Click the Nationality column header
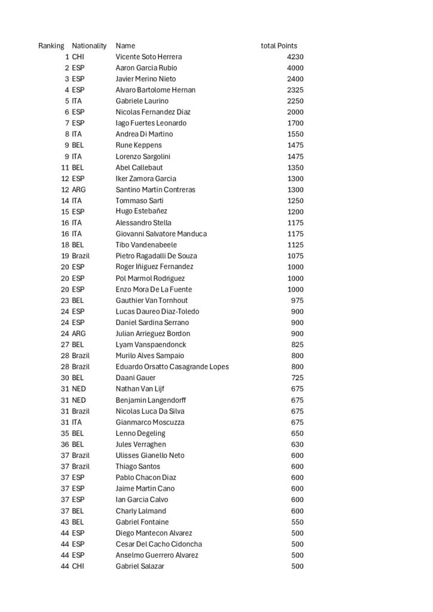(x=89, y=45)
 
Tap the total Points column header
(x=279, y=45)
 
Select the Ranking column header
(x=51, y=45)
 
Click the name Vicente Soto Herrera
(x=148, y=57)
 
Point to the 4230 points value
(x=295, y=57)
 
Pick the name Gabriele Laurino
(x=142, y=101)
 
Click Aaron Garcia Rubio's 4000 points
(x=295, y=68)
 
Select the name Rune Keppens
(x=138, y=145)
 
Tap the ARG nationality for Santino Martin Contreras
(x=78, y=189)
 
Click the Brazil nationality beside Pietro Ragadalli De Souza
(x=81, y=256)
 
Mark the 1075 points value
(x=295, y=256)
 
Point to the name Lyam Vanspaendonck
(x=151, y=344)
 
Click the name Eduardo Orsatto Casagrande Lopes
(x=172, y=366)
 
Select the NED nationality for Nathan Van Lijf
(x=79, y=388)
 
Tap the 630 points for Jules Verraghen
(x=297, y=444)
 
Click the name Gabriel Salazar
(x=139, y=566)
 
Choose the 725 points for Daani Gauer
(x=297, y=378)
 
